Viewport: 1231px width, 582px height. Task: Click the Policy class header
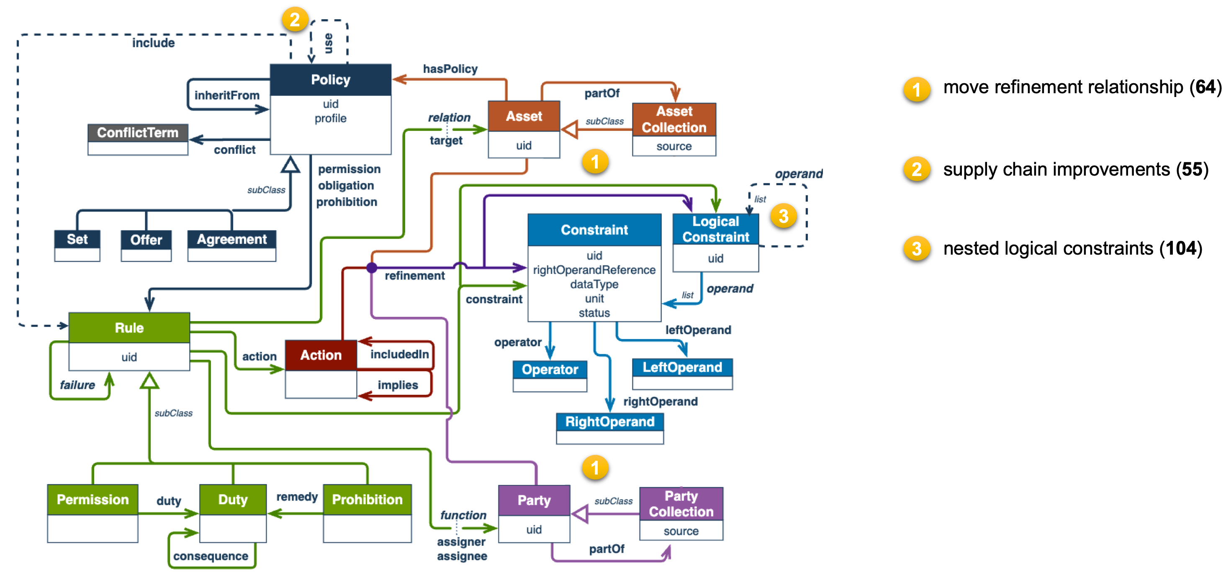(x=330, y=80)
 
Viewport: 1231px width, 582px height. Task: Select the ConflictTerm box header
(x=138, y=132)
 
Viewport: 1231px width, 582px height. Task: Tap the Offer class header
(x=146, y=239)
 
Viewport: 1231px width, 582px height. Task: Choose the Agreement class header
(x=232, y=239)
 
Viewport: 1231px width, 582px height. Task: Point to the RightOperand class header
(x=609, y=421)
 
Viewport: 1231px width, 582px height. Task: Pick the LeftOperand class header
(x=682, y=367)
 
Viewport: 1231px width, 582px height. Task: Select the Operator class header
(x=550, y=370)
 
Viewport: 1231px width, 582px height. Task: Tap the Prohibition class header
(x=367, y=499)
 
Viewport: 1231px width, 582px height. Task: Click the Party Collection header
(x=681, y=504)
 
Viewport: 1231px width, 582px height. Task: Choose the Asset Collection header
(x=674, y=119)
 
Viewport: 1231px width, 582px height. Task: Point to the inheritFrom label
(x=227, y=95)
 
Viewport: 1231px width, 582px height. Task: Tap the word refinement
(x=414, y=276)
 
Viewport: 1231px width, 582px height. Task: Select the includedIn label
(x=399, y=354)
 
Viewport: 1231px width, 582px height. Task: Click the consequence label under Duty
(x=211, y=556)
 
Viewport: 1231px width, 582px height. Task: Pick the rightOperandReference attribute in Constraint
(x=594, y=270)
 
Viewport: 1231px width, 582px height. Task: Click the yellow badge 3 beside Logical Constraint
(x=783, y=216)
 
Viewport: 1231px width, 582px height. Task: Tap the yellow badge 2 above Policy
(x=294, y=20)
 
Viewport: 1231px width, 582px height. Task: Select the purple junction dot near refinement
(x=372, y=268)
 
